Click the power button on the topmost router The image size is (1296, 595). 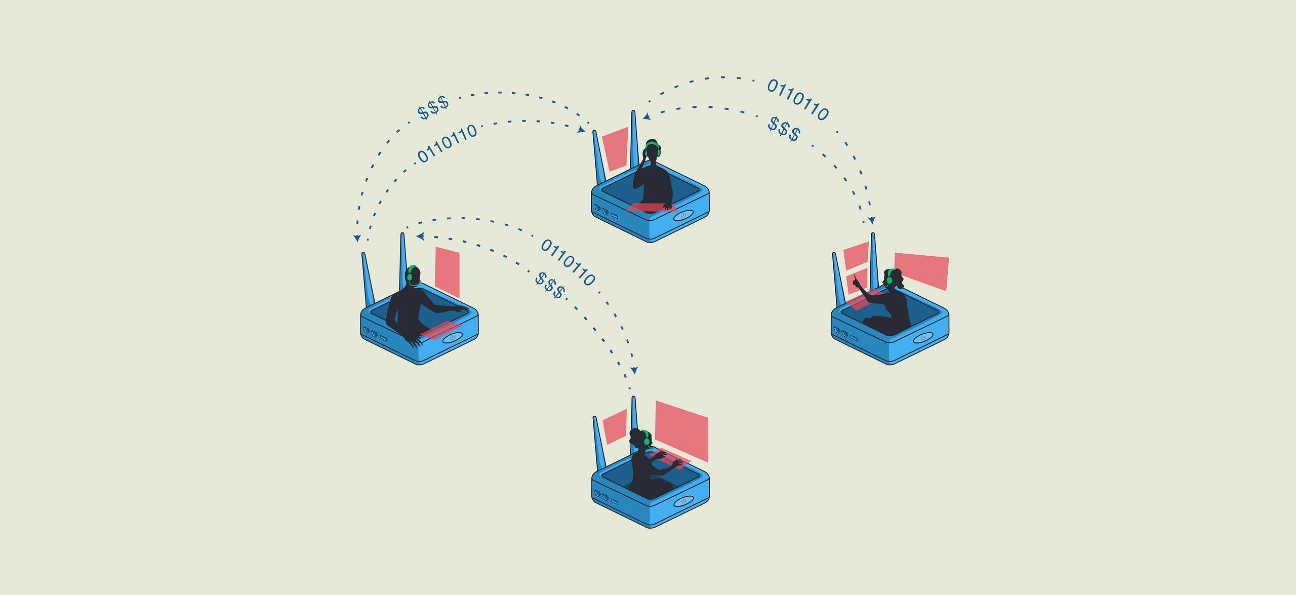pos(683,216)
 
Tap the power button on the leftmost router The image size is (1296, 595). pos(452,338)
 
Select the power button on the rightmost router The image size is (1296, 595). pos(922,338)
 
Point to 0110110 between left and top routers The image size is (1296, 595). pos(447,143)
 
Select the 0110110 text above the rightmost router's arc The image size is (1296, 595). pos(798,100)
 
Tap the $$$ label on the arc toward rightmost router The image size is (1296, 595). pos(784,129)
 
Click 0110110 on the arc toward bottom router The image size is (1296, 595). pos(568,262)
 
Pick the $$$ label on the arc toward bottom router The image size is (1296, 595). pos(550,286)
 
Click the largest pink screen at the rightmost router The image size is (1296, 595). pos(922,270)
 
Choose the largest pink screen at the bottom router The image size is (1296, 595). pos(681,430)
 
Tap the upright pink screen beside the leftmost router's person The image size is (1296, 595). pos(447,271)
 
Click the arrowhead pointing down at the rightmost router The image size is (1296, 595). pos(871,220)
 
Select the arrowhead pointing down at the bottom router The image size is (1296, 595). pos(634,370)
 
